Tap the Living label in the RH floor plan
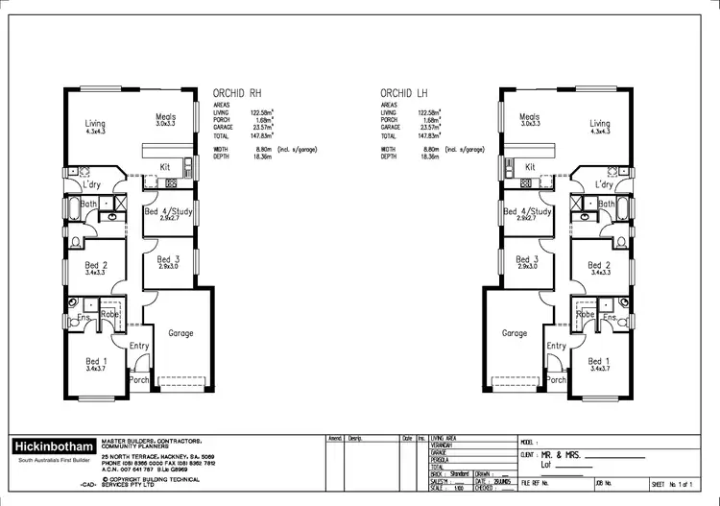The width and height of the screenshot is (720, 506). (x=95, y=123)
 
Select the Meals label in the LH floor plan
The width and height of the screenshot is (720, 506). (x=529, y=118)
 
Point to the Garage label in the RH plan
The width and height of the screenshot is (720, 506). (x=180, y=333)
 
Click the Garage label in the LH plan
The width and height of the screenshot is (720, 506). (x=515, y=333)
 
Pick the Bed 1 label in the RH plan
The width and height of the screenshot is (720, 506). (x=94, y=361)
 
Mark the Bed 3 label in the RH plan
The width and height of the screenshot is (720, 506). (x=167, y=259)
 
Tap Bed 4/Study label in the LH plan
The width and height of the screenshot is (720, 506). (x=527, y=211)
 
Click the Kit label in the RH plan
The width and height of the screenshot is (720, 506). (x=165, y=166)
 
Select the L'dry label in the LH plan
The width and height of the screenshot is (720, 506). (x=604, y=183)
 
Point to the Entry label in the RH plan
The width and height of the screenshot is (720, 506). (x=139, y=346)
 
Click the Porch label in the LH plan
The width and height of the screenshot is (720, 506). (x=555, y=379)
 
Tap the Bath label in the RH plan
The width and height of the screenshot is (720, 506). (x=89, y=204)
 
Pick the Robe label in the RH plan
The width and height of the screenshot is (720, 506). (x=109, y=314)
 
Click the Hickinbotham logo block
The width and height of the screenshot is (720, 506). (x=54, y=447)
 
